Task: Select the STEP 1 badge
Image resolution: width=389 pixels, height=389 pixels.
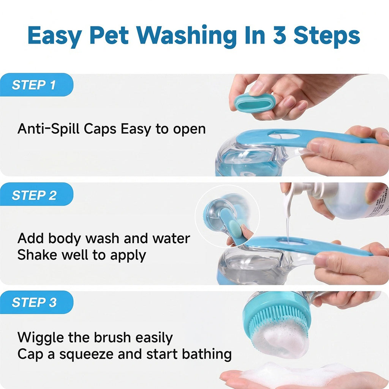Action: [36, 85]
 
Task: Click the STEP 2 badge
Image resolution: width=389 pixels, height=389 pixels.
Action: [36, 195]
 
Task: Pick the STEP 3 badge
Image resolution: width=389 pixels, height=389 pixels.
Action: [36, 302]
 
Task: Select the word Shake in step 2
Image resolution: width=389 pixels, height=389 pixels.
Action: [37, 255]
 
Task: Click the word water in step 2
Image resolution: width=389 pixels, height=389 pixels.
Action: [171, 239]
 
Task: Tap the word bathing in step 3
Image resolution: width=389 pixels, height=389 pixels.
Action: [207, 354]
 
